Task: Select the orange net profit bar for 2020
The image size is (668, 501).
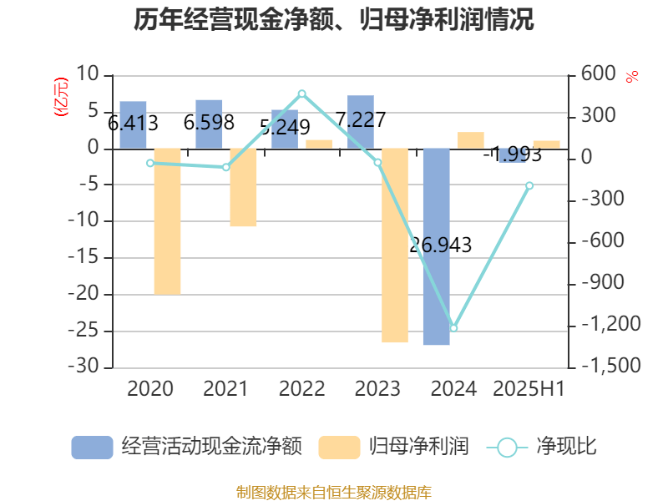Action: coord(167,221)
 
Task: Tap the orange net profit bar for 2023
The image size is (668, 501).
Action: coord(394,245)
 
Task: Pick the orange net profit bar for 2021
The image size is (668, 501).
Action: coord(243,188)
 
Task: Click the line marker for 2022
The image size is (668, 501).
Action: coord(301,94)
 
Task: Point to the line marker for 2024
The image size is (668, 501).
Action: coord(453,328)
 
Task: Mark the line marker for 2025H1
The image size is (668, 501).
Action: coord(529,185)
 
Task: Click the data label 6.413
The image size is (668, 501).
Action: coord(134,124)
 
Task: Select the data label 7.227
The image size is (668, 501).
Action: coord(361,119)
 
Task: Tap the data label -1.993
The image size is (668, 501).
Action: coord(510,154)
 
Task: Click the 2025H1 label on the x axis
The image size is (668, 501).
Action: coord(529,388)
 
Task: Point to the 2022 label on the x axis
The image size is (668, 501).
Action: coord(301,388)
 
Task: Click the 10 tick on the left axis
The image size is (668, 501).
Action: coord(88,75)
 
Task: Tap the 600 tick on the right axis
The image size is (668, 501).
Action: coord(599,75)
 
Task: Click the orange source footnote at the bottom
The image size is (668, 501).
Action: coord(334,492)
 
